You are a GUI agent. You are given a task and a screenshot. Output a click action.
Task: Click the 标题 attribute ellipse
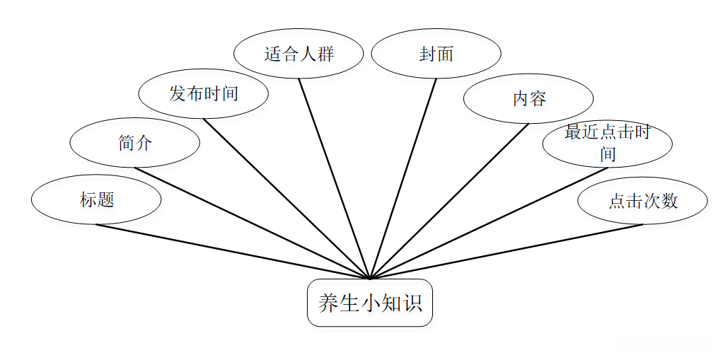click(x=96, y=200)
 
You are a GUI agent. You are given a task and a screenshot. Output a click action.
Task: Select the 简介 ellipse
click(x=134, y=143)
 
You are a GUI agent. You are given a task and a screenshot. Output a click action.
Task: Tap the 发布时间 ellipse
click(x=203, y=93)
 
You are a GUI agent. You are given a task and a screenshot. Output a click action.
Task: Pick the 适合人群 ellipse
click(x=298, y=54)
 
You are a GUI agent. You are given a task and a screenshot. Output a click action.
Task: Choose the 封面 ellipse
click(x=436, y=54)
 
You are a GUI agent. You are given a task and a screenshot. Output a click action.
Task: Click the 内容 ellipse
click(x=528, y=98)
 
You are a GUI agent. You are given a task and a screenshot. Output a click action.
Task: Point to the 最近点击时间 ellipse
click(x=607, y=144)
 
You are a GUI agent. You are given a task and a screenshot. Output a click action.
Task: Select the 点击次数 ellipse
click(x=642, y=201)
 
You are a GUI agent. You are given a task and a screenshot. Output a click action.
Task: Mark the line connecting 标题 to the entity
click(x=233, y=252)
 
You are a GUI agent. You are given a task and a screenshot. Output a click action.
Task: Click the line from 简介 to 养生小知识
click(x=252, y=223)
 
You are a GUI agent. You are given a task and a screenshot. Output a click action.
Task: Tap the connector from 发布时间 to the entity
click(x=286, y=198)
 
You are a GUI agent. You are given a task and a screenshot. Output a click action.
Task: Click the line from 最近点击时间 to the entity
click(x=488, y=223)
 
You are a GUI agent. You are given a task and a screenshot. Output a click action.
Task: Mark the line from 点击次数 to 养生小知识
click(x=506, y=252)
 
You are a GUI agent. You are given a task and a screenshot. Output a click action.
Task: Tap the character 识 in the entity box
click(x=412, y=303)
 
